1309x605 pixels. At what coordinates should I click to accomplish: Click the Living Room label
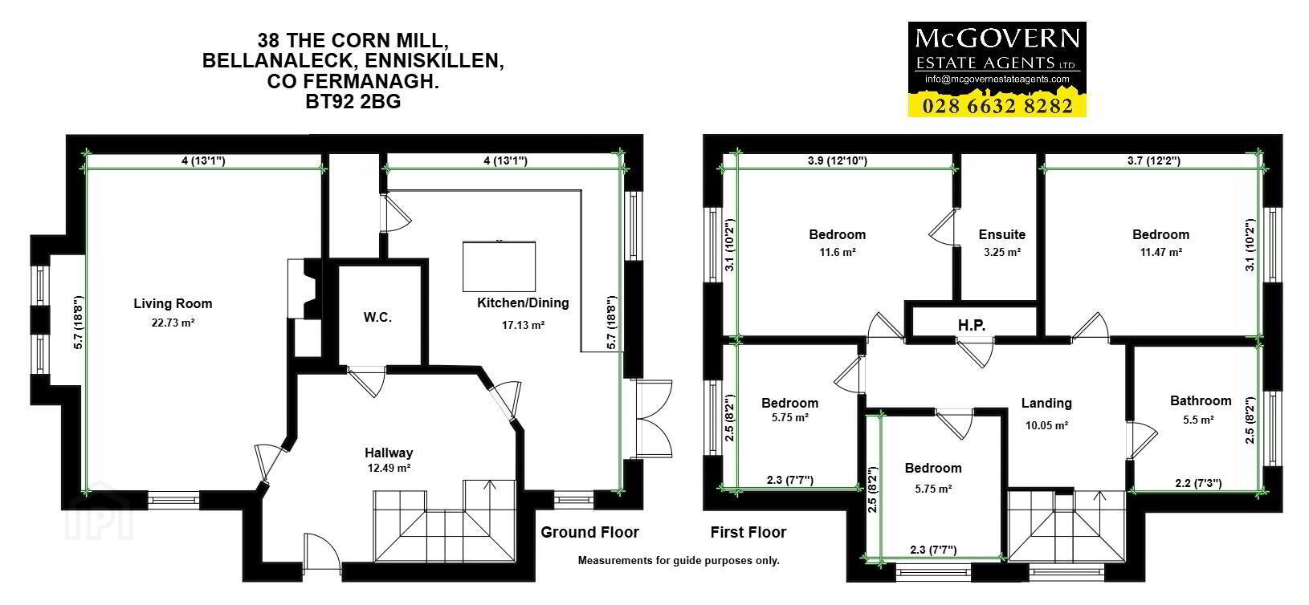coord(173,303)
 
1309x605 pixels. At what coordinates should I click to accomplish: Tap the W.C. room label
coord(377,317)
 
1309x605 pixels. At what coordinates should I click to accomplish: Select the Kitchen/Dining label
coord(523,303)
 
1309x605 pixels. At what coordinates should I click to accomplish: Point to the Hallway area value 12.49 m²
coord(389,468)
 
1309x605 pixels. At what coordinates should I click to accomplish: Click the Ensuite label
coord(1002,235)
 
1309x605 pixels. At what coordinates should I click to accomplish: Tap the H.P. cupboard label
coord(971,325)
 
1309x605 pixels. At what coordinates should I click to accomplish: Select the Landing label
coord(1046,404)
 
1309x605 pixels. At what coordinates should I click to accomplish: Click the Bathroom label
coord(1201,400)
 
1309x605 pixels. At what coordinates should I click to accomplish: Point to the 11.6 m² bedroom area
coord(838,252)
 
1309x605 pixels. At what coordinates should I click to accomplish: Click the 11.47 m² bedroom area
coord(1161,252)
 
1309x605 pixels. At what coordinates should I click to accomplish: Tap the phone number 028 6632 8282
coord(997,106)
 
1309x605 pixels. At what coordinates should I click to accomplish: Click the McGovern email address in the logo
coord(997,79)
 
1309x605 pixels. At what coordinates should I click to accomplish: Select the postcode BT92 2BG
coord(353,102)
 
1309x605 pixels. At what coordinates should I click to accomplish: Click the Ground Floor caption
coord(589,533)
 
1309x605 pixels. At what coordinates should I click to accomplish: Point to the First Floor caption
coord(748,533)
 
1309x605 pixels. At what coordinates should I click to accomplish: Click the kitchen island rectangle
coord(499,266)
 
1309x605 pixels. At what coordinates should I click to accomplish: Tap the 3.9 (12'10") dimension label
coord(838,160)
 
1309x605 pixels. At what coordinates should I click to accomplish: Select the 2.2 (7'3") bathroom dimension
coord(1198,484)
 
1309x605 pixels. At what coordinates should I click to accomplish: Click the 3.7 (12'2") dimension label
coord(1154,160)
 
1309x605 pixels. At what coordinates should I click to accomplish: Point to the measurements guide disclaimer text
coord(679,561)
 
